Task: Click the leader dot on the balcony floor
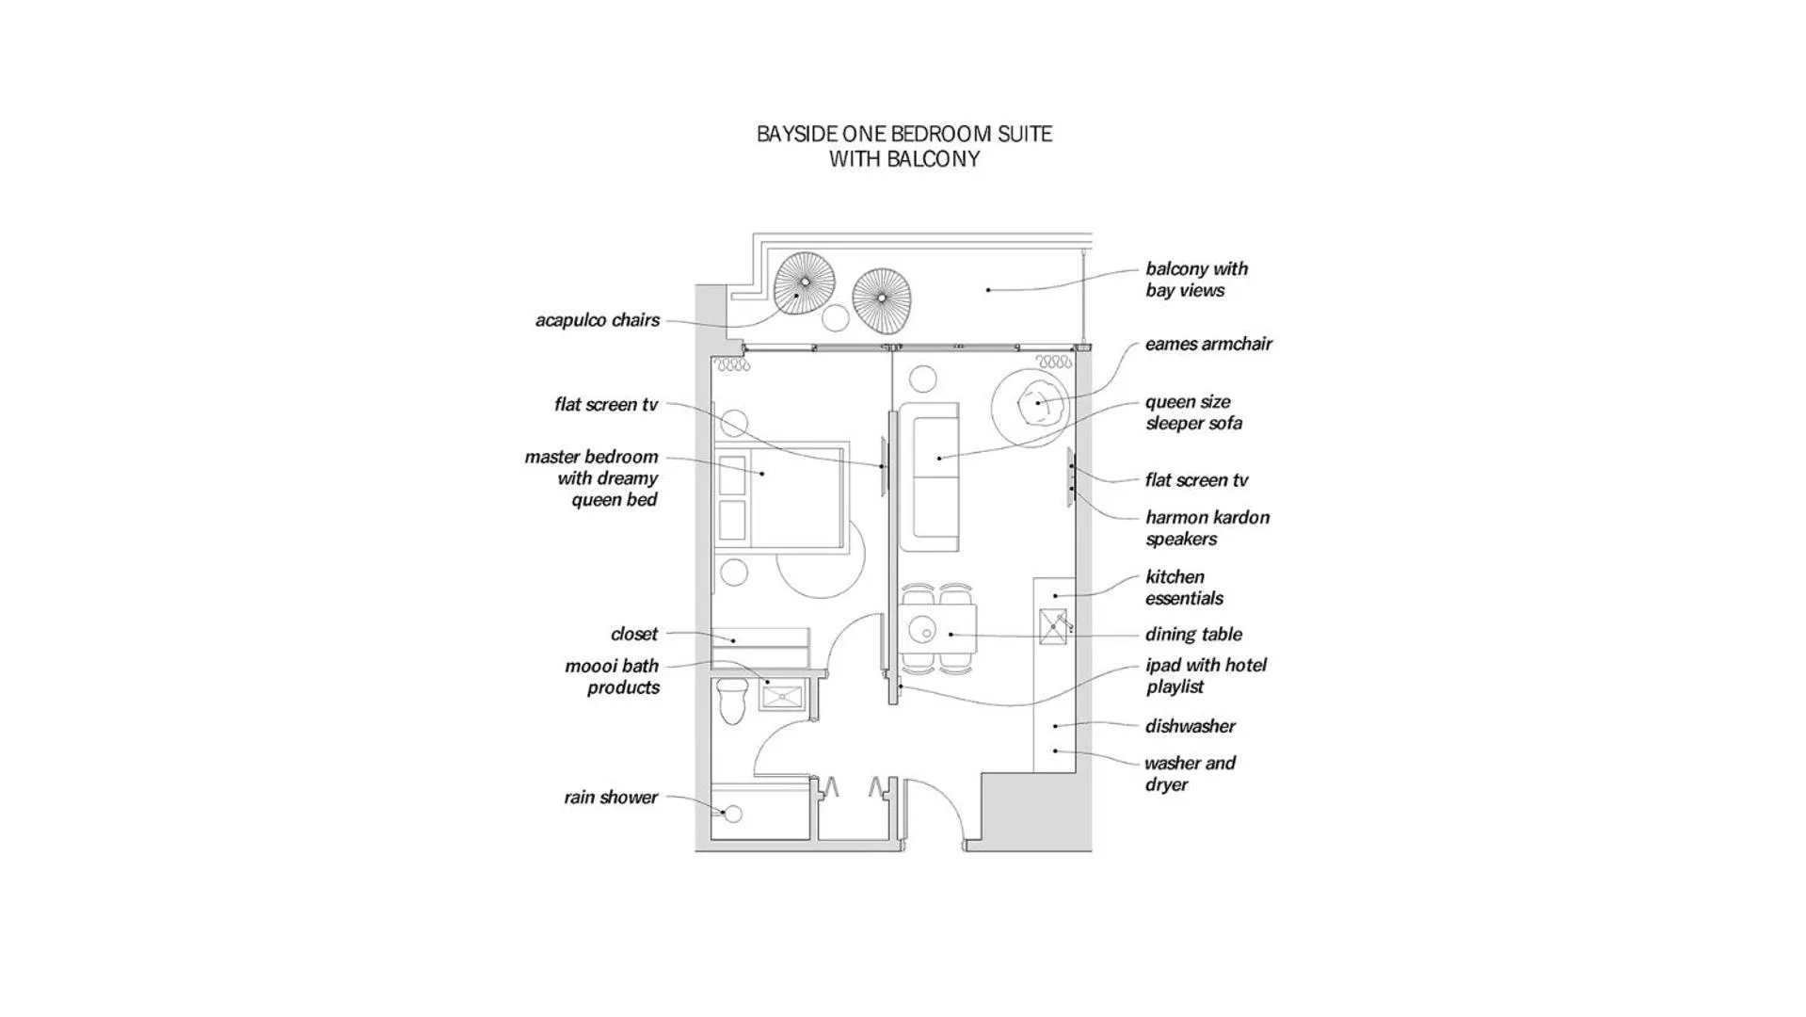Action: point(988,290)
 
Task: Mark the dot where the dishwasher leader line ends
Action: point(1055,726)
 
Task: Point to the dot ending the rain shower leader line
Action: point(724,812)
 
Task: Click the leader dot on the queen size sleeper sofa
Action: point(939,459)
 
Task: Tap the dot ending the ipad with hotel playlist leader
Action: point(901,687)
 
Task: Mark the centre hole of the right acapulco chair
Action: point(882,299)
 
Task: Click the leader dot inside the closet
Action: point(733,641)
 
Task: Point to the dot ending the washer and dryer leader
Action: point(1055,751)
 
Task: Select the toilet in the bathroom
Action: point(731,701)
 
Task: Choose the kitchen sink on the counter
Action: point(1053,627)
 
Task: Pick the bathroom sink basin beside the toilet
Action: point(782,697)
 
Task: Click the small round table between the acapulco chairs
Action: point(835,318)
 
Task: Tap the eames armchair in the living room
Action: point(1039,403)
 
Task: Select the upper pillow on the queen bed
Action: point(732,476)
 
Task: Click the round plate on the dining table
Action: point(921,628)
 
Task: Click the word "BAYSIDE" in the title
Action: point(793,134)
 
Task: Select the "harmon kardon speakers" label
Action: point(1207,528)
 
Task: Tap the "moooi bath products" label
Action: point(612,677)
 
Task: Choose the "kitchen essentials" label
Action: point(1184,588)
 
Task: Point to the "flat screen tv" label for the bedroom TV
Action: point(606,405)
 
